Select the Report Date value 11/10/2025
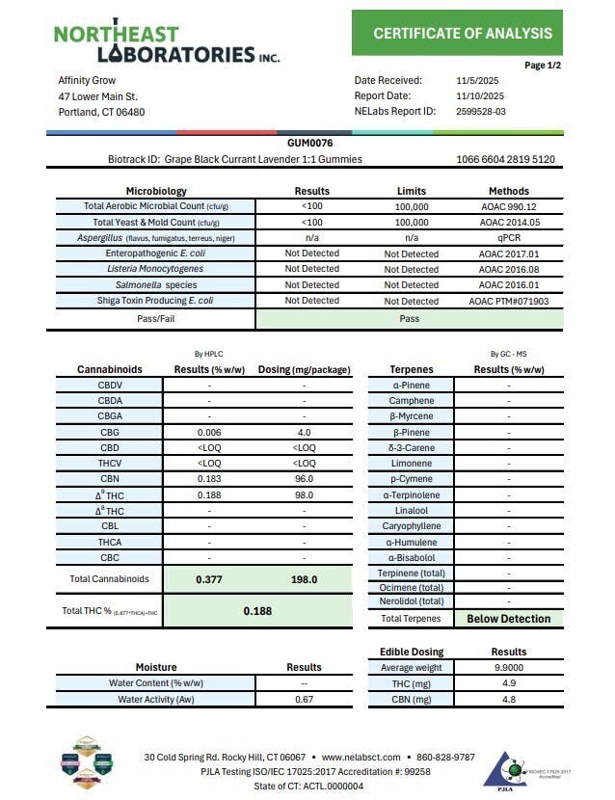(x=479, y=95)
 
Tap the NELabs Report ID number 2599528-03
(x=480, y=111)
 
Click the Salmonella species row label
(x=155, y=284)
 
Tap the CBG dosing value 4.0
(x=305, y=432)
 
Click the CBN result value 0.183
(x=209, y=479)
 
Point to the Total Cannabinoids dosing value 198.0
(x=305, y=579)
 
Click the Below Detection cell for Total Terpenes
(x=509, y=619)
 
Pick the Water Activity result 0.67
(x=304, y=699)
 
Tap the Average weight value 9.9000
(x=509, y=667)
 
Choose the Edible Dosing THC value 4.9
(x=509, y=683)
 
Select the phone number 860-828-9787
(x=446, y=757)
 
